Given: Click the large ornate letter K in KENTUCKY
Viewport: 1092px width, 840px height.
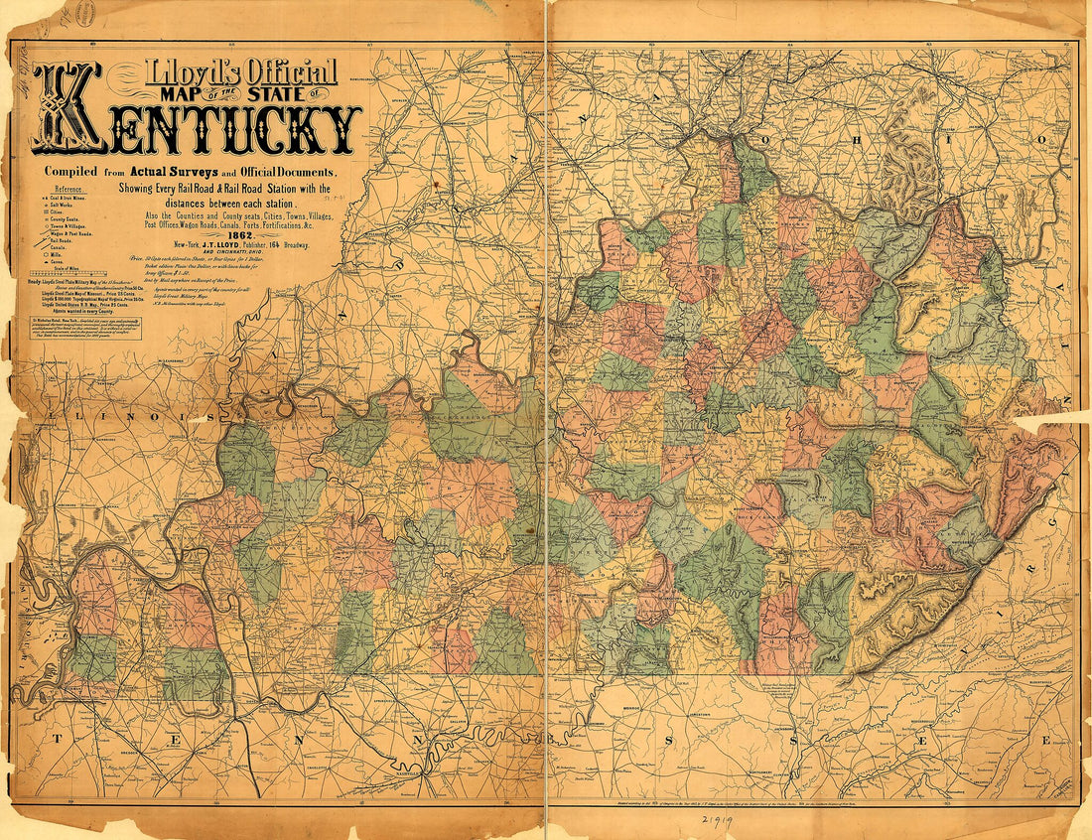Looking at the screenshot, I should (x=68, y=111).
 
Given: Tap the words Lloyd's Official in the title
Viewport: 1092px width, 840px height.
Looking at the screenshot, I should (x=240, y=72).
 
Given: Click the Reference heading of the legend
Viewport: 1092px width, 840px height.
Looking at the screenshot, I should (x=69, y=189).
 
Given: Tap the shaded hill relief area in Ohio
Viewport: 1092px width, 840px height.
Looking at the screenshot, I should (x=908, y=159).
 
